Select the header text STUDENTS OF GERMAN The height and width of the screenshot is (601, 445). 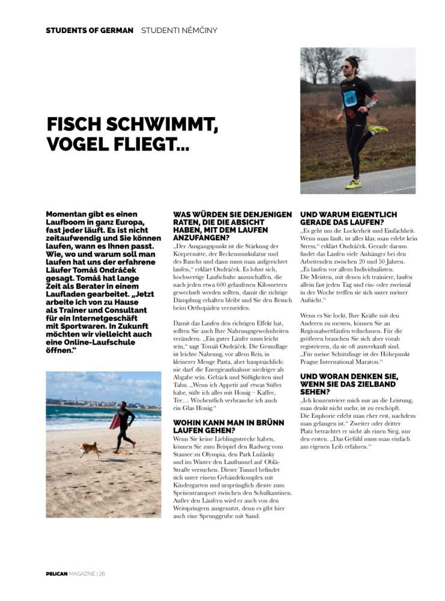click(x=90, y=30)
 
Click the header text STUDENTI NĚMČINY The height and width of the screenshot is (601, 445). click(x=179, y=30)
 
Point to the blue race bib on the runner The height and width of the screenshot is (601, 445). click(x=351, y=98)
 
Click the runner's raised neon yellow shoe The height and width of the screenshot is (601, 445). click(x=378, y=129)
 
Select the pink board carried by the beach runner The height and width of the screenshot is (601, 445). click(x=114, y=422)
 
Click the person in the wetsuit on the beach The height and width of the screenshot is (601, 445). click(x=125, y=426)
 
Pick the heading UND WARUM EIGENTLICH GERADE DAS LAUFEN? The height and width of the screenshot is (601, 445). click(x=349, y=218)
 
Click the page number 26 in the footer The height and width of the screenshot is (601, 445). click(x=102, y=574)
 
